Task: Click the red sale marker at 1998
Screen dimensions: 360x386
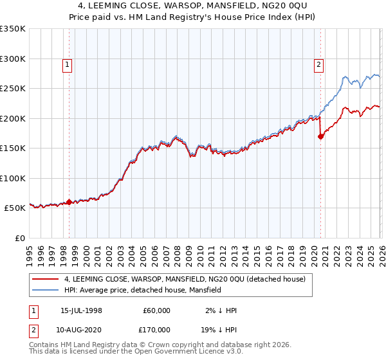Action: coord(69,202)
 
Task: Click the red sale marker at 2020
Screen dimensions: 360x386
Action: coord(320,136)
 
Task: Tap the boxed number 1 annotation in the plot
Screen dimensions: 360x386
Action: coord(68,64)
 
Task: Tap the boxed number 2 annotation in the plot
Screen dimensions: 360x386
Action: coord(318,64)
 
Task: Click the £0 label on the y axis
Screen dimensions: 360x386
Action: coord(18,238)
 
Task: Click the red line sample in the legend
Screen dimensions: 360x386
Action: coord(46,279)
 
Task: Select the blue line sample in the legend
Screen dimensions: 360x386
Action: coord(46,291)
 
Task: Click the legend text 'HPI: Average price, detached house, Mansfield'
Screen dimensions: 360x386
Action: coord(143,291)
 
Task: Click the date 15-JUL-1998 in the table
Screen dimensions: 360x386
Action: coord(81,310)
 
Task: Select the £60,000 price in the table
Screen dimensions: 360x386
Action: coord(156,310)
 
